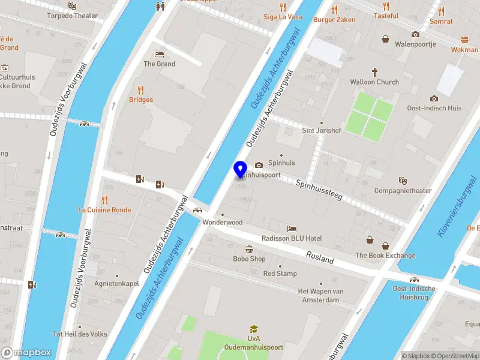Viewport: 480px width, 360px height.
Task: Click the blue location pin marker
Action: [x=241, y=169]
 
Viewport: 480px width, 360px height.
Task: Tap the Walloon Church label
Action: [x=374, y=82]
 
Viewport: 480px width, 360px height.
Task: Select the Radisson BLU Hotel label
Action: [x=292, y=238]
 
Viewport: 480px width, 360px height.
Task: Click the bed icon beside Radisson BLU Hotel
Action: [x=292, y=229]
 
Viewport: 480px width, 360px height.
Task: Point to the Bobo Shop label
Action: [x=249, y=259]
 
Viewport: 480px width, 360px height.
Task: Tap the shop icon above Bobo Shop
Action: [x=249, y=249]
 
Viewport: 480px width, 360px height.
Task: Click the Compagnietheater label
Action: [x=403, y=191]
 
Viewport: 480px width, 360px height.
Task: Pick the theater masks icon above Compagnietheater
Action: [x=403, y=181]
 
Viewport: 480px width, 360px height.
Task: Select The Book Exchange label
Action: [x=385, y=255]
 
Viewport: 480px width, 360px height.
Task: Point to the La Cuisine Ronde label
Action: [x=104, y=210]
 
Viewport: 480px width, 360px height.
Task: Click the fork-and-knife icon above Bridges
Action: [x=140, y=90]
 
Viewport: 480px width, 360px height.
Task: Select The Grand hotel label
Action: [x=159, y=64]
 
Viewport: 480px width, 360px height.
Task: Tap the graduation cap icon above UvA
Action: [x=254, y=329]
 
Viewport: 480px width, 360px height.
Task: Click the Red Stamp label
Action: [x=280, y=274]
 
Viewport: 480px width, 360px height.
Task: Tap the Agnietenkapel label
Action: [x=116, y=283]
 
